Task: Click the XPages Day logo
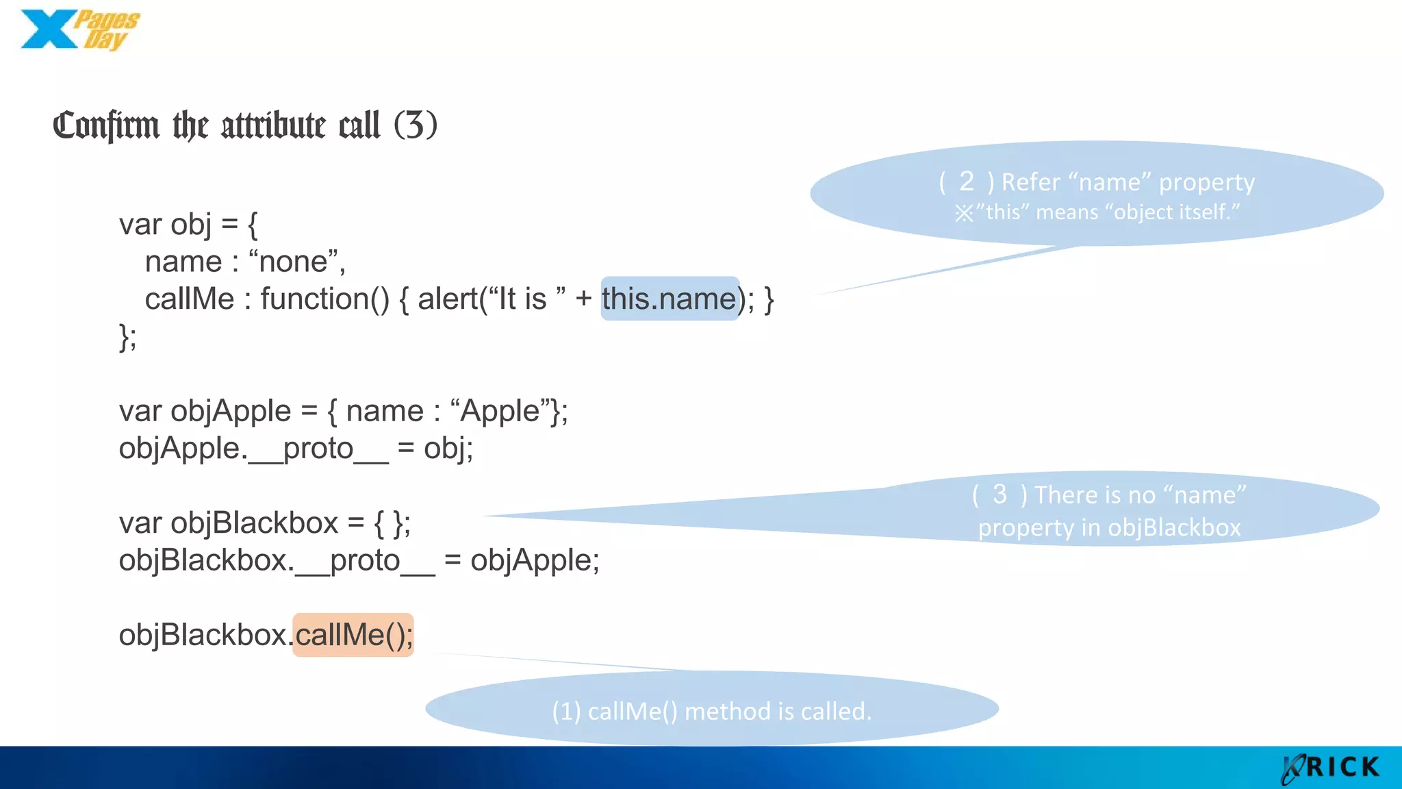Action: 79,30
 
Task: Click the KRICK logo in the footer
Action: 1331,768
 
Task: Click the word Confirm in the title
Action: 106,126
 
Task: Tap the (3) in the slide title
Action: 415,125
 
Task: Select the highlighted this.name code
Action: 669,299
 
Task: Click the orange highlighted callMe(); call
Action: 353,635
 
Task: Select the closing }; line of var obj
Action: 128,337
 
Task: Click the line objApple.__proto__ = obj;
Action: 296,449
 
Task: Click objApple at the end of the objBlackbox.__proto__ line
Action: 534,560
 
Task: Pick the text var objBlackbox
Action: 229,523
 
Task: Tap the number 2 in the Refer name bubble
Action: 966,181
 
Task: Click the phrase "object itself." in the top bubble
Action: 1176,212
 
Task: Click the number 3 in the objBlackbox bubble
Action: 999,494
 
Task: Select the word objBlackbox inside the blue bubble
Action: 1173,527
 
